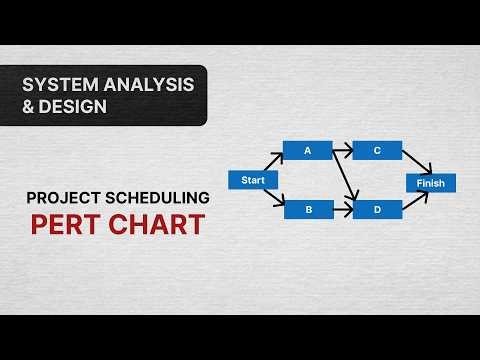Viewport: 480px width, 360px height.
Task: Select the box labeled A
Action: [x=307, y=151]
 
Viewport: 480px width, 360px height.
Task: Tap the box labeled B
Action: [x=307, y=210]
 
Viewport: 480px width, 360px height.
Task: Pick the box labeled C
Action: [x=377, y=151]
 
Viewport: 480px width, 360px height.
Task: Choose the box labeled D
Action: [x=377, y=210]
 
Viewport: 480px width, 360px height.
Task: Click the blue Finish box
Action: [x=431, y=183]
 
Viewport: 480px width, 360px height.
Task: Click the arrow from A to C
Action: [x=342, y=151]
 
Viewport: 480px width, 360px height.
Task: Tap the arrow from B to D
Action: [x=342, y=210]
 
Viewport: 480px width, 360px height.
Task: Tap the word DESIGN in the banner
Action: [x=73, y=106]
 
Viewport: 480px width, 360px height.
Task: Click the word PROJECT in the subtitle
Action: [x=61, y=197]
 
